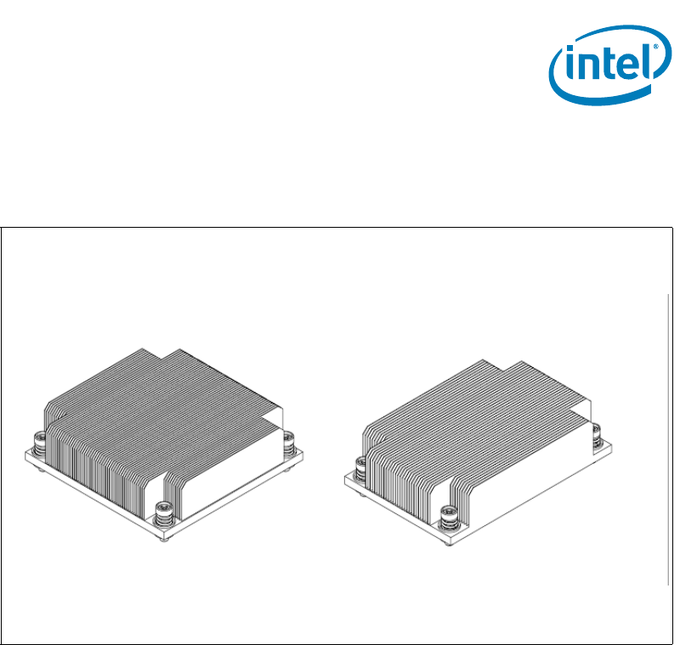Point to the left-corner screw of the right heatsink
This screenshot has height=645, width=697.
(x=360, y=469)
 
